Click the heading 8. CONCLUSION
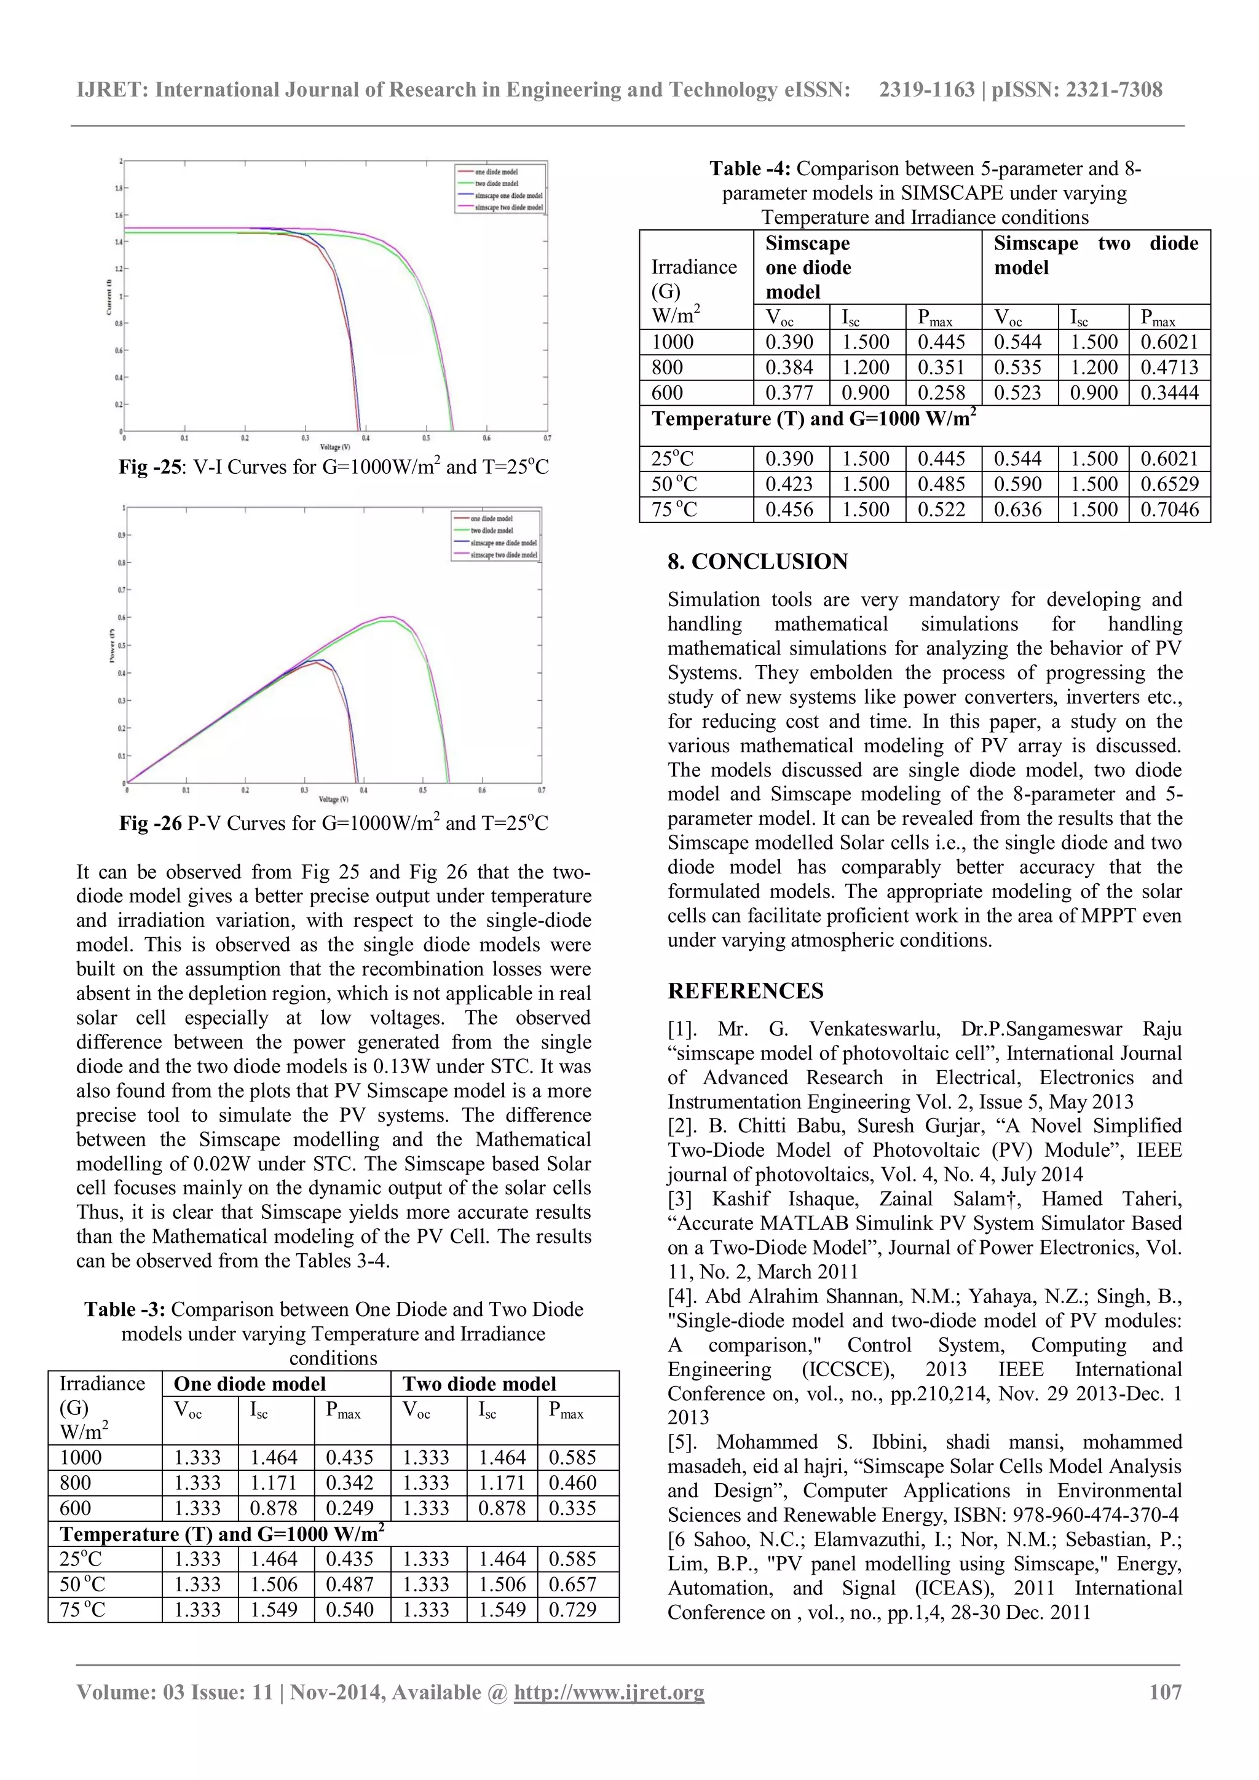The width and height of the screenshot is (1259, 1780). tap(757, 561)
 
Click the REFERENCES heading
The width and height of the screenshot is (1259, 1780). tap(745, 991)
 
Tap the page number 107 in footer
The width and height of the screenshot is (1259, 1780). tap(1164, 1691)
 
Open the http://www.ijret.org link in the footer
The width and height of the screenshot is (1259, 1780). tap(609, 1692)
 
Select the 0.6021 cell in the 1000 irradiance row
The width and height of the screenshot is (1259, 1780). tap(1169, 342)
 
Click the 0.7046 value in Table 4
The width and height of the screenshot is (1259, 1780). tap(1169, 510)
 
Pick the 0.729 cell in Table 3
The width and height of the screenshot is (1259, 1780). tap(573, 1610)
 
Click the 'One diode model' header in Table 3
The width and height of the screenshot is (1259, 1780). tap(250, 1384)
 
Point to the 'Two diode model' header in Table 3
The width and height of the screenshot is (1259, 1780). tap(479, 1384)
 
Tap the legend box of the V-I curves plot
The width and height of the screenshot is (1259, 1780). tap(500, 189)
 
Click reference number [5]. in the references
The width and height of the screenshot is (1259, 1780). tap(686, 1442)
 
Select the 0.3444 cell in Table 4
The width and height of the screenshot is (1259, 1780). tap(1169, 392)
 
